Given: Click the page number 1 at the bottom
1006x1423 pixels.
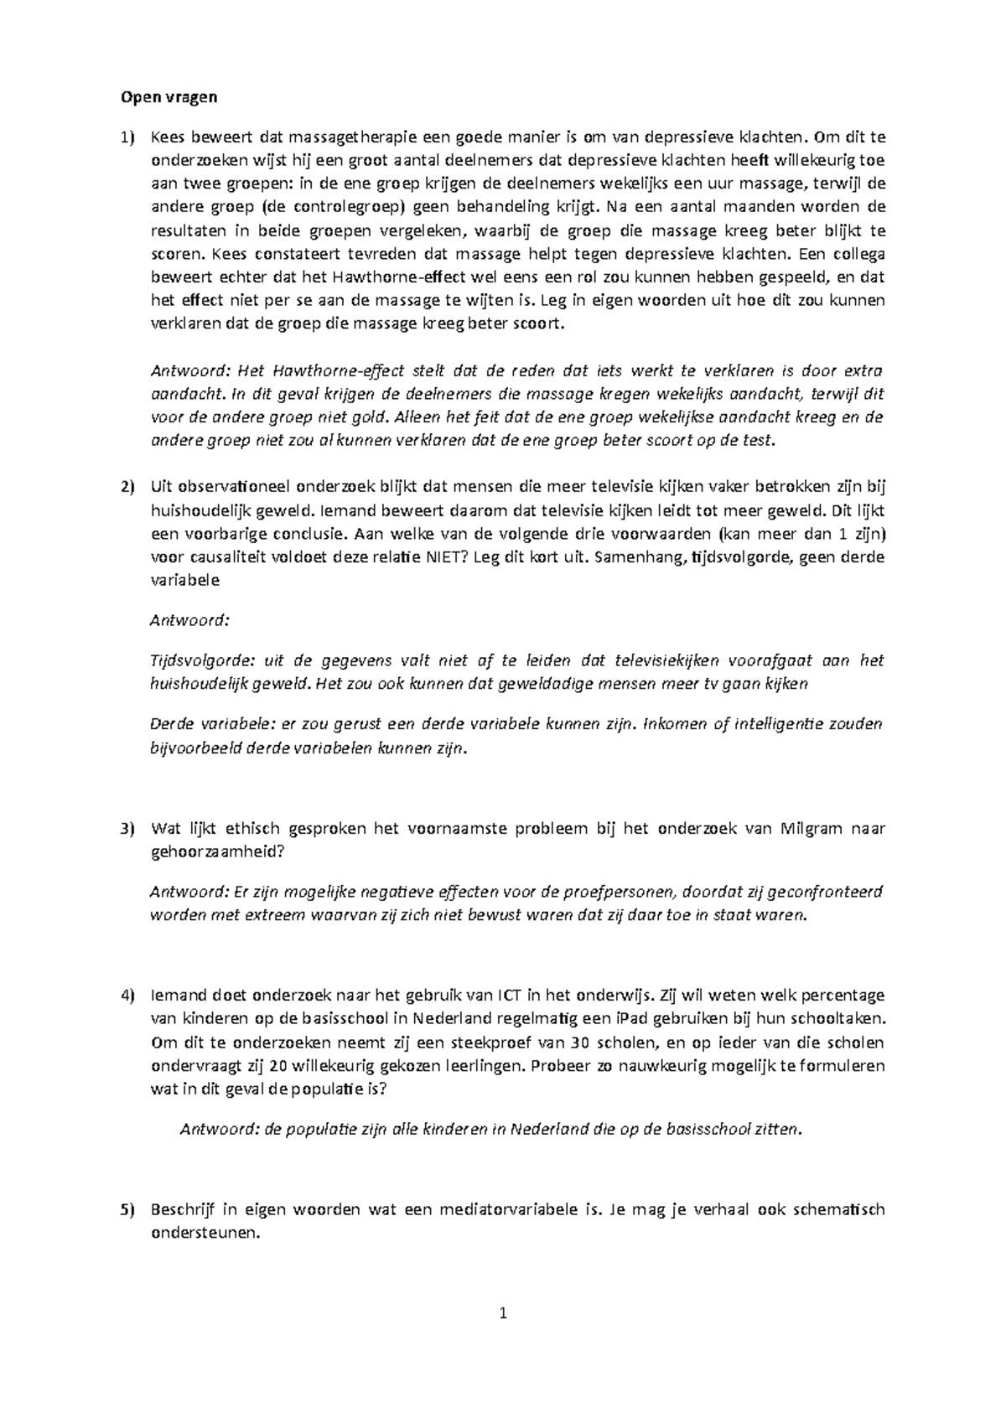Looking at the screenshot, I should coord(503,1313).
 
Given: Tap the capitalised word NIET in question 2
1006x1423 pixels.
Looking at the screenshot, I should coord(449,557).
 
